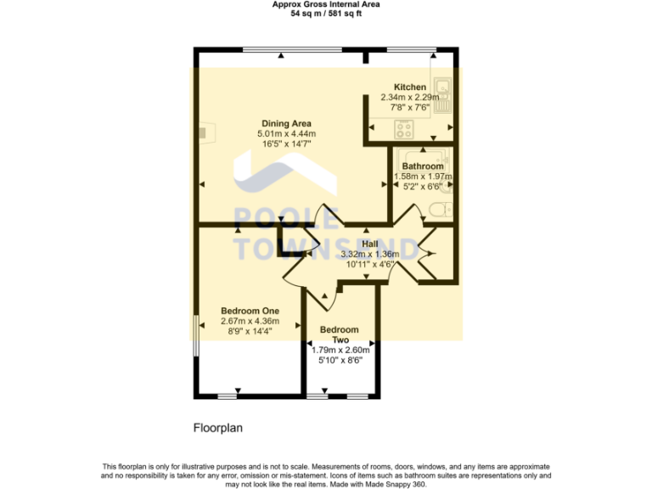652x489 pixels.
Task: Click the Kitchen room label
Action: [409, 87]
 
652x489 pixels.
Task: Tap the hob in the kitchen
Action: [404, 130]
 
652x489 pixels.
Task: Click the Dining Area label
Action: [286, 124]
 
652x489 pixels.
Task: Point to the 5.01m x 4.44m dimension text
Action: [286, 134]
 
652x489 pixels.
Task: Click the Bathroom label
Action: [422, 166]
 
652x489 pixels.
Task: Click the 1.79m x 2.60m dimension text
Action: [340, 350]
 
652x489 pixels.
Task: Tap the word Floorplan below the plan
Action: [217, 429]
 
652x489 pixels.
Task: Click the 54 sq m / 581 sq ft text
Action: [325, 14]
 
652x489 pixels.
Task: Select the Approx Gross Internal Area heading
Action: [325, 4]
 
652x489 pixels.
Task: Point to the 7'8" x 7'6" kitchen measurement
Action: [409, 108]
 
